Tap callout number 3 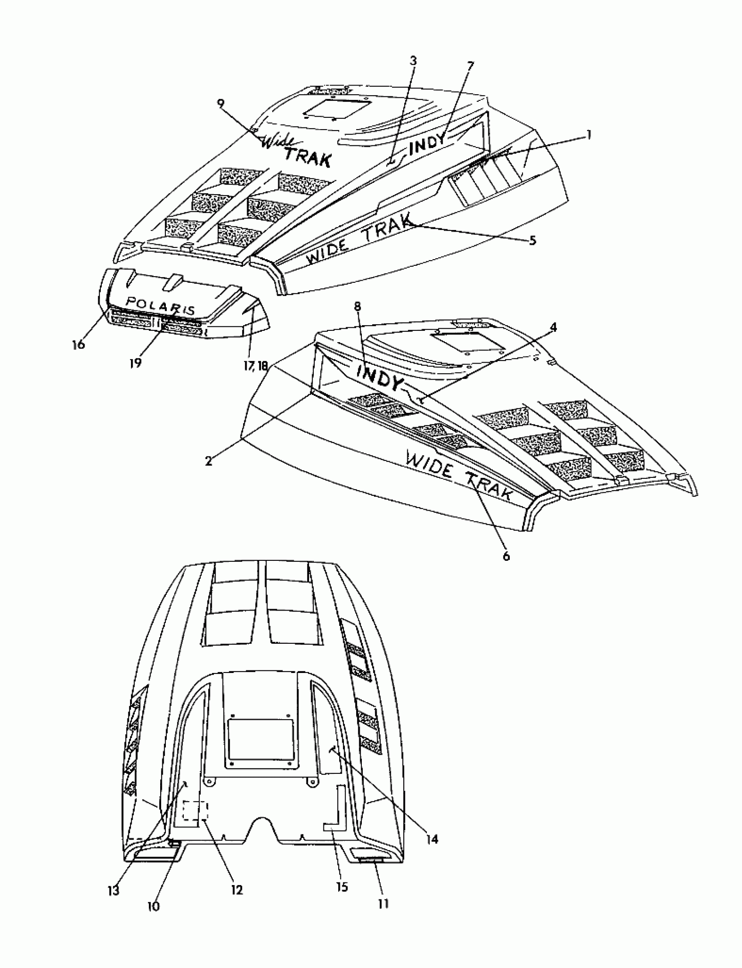[413, 61]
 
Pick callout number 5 [532, 240]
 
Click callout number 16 [78, 344]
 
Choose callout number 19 [136, 363]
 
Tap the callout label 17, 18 [256, 366]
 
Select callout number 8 [358, 306]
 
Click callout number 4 [553, 327]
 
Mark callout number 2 [209, 460]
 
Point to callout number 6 [506, 556]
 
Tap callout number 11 [383, 904]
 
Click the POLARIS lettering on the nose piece [160, 305]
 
